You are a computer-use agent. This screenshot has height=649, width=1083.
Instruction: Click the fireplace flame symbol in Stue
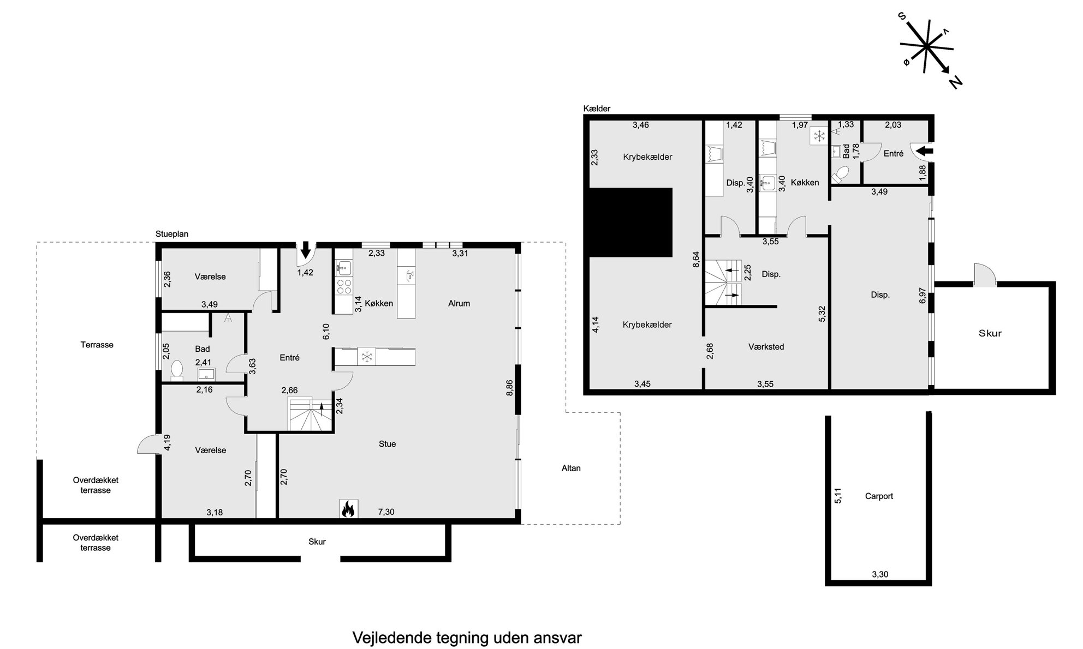[348, 509]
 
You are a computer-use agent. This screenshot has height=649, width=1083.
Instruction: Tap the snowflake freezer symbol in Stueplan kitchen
[367, 357]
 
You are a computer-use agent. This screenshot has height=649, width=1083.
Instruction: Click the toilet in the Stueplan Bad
[177, 369]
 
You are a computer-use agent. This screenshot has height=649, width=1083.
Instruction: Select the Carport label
[879, 496]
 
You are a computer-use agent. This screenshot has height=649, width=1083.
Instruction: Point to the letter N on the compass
[955, 82]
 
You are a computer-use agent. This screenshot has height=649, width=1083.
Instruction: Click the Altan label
[571, 468]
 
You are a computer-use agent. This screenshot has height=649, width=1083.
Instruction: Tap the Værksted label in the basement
[766, 347]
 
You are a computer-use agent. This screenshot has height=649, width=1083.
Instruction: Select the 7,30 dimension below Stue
[386, 512]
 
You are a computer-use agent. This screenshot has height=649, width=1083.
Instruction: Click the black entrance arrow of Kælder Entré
[926, 151]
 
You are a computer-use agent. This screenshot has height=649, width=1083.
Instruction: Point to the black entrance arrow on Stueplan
[305, 250]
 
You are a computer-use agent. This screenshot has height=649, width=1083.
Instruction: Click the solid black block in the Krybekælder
[630, 223]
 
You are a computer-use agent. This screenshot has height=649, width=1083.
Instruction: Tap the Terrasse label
[97, 345]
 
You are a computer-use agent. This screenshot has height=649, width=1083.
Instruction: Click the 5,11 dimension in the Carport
[838, 496]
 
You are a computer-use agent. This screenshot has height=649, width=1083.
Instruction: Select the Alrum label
[459, 304]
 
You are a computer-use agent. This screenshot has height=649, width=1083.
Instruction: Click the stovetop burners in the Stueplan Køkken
[344, 286]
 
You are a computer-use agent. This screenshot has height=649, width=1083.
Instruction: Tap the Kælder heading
[597, 109]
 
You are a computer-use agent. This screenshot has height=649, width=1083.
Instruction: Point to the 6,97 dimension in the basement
[923, 295]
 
